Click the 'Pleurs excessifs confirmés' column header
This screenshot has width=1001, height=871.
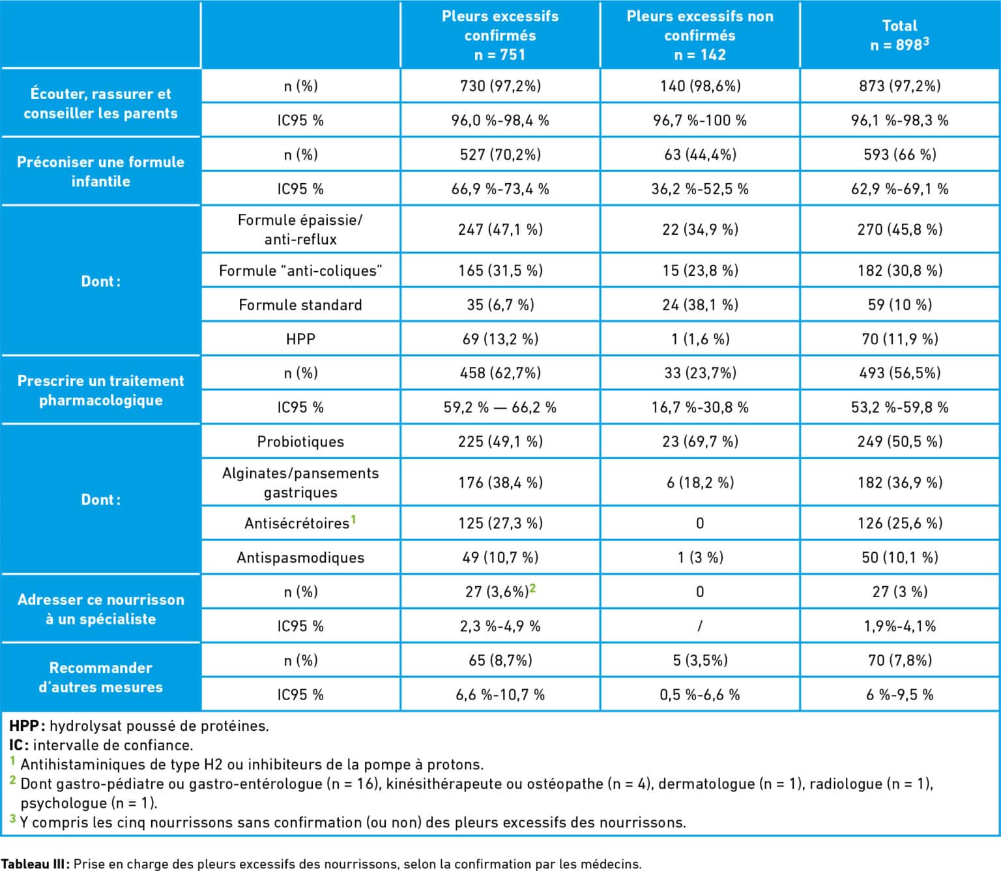500,35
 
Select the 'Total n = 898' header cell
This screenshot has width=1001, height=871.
899,35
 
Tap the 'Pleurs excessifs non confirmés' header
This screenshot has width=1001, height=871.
700,35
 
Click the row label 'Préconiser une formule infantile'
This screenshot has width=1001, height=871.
101,171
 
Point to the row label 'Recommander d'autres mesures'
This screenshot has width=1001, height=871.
101,677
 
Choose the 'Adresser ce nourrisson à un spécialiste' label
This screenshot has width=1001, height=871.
101,609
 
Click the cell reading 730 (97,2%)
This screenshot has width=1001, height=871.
500,86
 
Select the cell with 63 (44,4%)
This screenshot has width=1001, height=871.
700,155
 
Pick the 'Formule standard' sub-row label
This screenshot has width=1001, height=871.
300,305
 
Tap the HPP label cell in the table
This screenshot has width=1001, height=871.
300,338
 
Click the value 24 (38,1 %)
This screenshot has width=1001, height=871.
700,305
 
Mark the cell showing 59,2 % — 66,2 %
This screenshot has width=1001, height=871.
500,407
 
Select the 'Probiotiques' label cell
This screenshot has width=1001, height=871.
300,441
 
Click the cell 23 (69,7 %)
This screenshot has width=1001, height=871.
700,441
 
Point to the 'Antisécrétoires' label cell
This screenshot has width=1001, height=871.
300,523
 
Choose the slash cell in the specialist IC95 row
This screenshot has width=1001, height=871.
700,626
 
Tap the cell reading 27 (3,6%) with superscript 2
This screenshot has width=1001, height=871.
500,591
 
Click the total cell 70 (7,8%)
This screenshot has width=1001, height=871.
899,660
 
